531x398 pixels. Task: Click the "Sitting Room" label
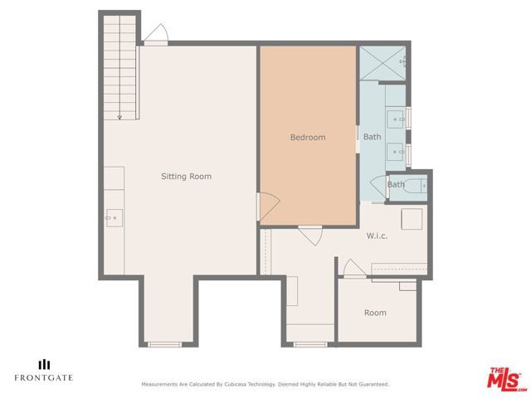pyautogui.click(x=186, y=176)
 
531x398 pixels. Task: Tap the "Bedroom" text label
pyautogui.click(x=307, y=137)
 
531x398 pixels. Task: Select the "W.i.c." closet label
pyautogui.click(x=378, y=235)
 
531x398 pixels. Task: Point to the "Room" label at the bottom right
pyautogui.click(x=375, y=313)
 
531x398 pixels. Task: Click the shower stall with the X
pyautogui.click(x=382, y=63)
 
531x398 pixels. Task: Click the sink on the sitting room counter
pyautogui.click(x=114, y=218)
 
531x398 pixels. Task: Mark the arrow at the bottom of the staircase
pyautogui.click(x=120, y=115)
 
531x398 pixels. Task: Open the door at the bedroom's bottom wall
pyautogui.click(x=309, y=235)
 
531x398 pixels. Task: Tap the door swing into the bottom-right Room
pyautogui.click(x=351, y=268)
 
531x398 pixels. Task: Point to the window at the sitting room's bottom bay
pyautogui.click(x=164, y=343)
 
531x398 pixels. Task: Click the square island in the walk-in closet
pyautogui.click(x=412, y=219)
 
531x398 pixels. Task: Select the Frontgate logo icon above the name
pyautogui.click(x=43, y=363)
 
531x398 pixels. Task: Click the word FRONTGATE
pyautogui.click(x=43, y=378)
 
